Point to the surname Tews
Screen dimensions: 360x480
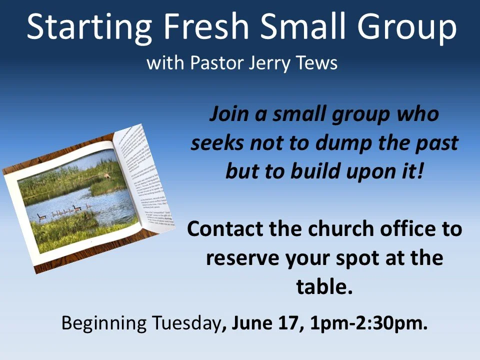(x=317, y=63)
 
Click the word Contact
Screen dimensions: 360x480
(x=225, y=229)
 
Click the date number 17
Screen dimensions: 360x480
(x=292, y=324)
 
